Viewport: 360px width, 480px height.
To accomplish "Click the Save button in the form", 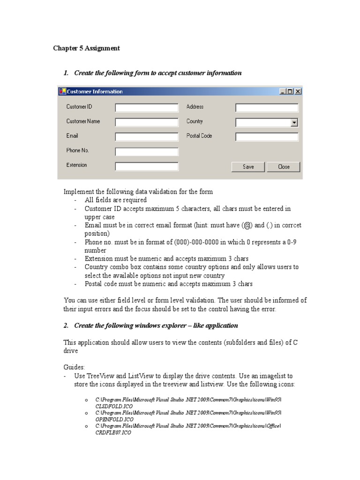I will coord(248,167).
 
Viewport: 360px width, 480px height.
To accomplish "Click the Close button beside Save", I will coord(284,167).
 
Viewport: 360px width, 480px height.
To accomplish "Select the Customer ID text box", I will coord(147,108).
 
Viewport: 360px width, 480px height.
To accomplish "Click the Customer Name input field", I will coord(147,122).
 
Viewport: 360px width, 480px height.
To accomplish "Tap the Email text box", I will coord(147,137).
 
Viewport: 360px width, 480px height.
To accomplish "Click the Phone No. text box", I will coord(147,151).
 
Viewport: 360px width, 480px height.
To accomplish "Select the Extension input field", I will coord(147,166).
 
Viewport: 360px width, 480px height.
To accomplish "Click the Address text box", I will coord(267,108).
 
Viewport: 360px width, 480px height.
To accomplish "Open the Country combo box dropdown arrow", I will coord(294,122).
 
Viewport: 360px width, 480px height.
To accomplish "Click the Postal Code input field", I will coord(267,137).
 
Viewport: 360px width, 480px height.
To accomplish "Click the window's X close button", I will coord(298,91).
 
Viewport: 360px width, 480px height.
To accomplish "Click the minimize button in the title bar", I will coord(283,91).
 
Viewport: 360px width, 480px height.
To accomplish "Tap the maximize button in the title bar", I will coord(290,91).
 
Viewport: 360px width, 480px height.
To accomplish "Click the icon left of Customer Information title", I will coord(62,91).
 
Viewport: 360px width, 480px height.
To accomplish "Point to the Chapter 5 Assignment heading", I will coord(86,48).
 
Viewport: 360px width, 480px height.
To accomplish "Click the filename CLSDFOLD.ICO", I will coord(114,405).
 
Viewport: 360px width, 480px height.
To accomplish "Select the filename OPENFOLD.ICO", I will coord(114,419).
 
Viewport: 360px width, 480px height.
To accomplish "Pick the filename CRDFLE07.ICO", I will coord(113,433).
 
